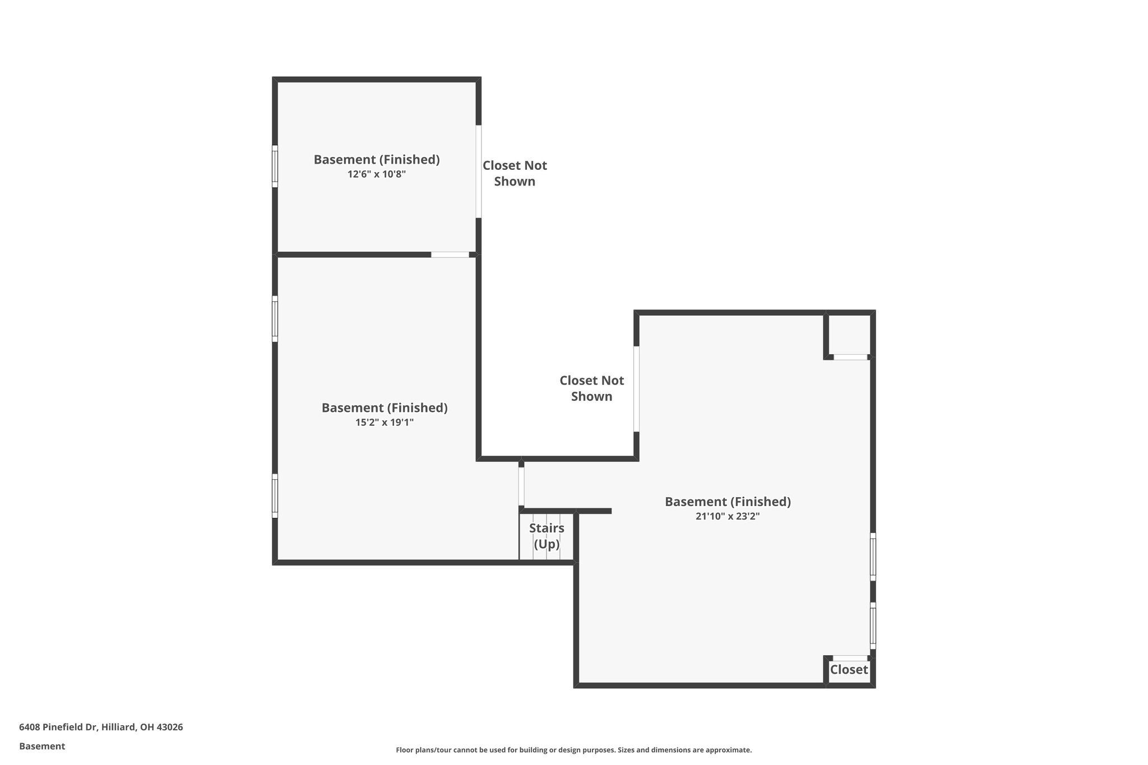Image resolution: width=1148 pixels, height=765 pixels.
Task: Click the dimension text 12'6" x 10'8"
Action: [376, 174]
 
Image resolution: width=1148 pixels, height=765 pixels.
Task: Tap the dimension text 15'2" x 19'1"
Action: [384, 423]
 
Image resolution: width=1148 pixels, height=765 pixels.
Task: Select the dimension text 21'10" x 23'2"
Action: [727, 516]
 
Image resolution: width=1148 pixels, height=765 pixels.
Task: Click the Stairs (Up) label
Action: [547, 536]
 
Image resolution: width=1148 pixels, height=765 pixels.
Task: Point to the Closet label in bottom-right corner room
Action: [849, 670]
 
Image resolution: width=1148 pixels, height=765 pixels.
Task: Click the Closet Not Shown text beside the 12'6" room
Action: [515, 173]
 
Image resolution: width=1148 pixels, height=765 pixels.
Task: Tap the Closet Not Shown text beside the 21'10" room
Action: [591, 388]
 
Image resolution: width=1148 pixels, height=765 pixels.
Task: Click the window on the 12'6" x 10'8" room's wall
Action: [275, 166]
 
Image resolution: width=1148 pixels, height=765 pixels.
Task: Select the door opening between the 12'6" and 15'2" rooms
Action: [450, 255]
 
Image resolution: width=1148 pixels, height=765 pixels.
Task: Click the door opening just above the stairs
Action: [521, 486]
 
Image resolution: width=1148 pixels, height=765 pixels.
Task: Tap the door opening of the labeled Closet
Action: [850, 658]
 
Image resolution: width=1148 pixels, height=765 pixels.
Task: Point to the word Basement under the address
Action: [42, 747]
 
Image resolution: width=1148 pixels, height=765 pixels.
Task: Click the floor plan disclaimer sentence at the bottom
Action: [573, 750]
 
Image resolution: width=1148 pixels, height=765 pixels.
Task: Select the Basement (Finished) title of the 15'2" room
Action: [384, 408]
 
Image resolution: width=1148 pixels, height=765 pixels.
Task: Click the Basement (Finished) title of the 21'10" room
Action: [727, 502]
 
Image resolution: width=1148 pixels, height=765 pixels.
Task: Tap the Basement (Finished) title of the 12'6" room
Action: [376, 160]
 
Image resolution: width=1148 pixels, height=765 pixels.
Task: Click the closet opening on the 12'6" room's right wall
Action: [479, 171]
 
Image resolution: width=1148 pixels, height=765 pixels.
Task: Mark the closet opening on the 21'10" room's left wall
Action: [636, 389]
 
